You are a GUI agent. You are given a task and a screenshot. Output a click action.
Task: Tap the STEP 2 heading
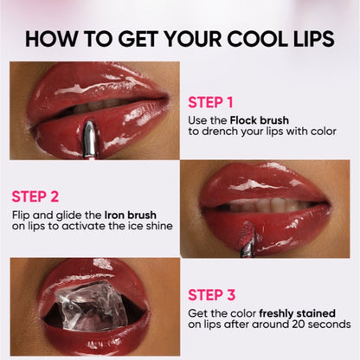35,196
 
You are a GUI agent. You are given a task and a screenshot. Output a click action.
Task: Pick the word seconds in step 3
331,324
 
